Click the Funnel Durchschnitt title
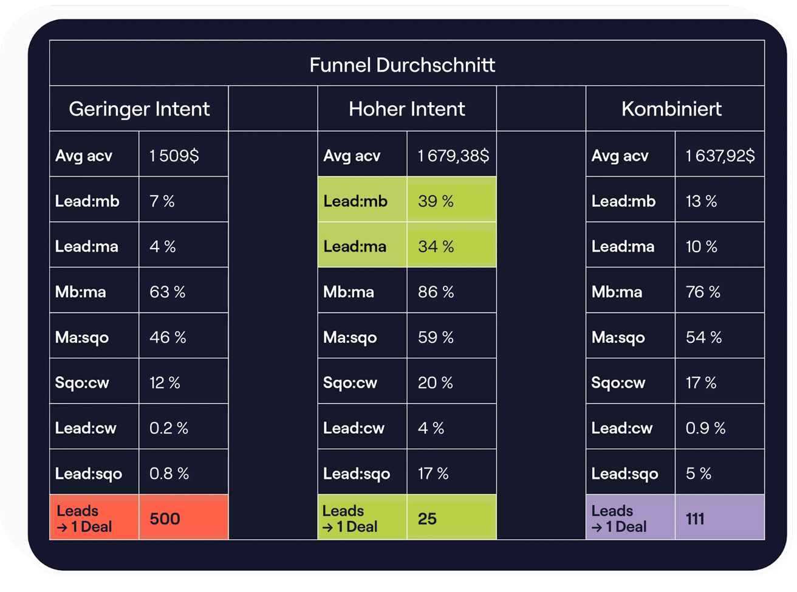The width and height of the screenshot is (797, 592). [x=402, y=65]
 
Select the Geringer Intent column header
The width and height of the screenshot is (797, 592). [x=139, y=109]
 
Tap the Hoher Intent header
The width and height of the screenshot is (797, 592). [x=406, y=109]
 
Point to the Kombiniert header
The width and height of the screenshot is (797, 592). [x=671, y=109]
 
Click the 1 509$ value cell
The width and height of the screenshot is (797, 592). [x=174, y=156]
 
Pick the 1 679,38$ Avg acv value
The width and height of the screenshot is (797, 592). [x=453, y=156]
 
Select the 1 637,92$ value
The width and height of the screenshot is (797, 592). [x=720, y=156]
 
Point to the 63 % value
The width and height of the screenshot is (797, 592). [x=167, y=292]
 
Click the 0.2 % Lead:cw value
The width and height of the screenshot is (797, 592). [x=168, y=428]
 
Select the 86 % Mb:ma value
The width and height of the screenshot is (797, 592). [x=436, y=292]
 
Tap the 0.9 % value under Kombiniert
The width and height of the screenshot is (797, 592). [x=705, y=428]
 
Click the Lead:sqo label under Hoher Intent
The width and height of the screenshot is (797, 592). [x=357, y=473]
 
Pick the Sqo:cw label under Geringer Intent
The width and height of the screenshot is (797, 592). [x=82, y=383]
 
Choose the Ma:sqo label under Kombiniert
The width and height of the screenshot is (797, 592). [x=618, y=337]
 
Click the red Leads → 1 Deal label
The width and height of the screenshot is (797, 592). [x=84, y=518]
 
